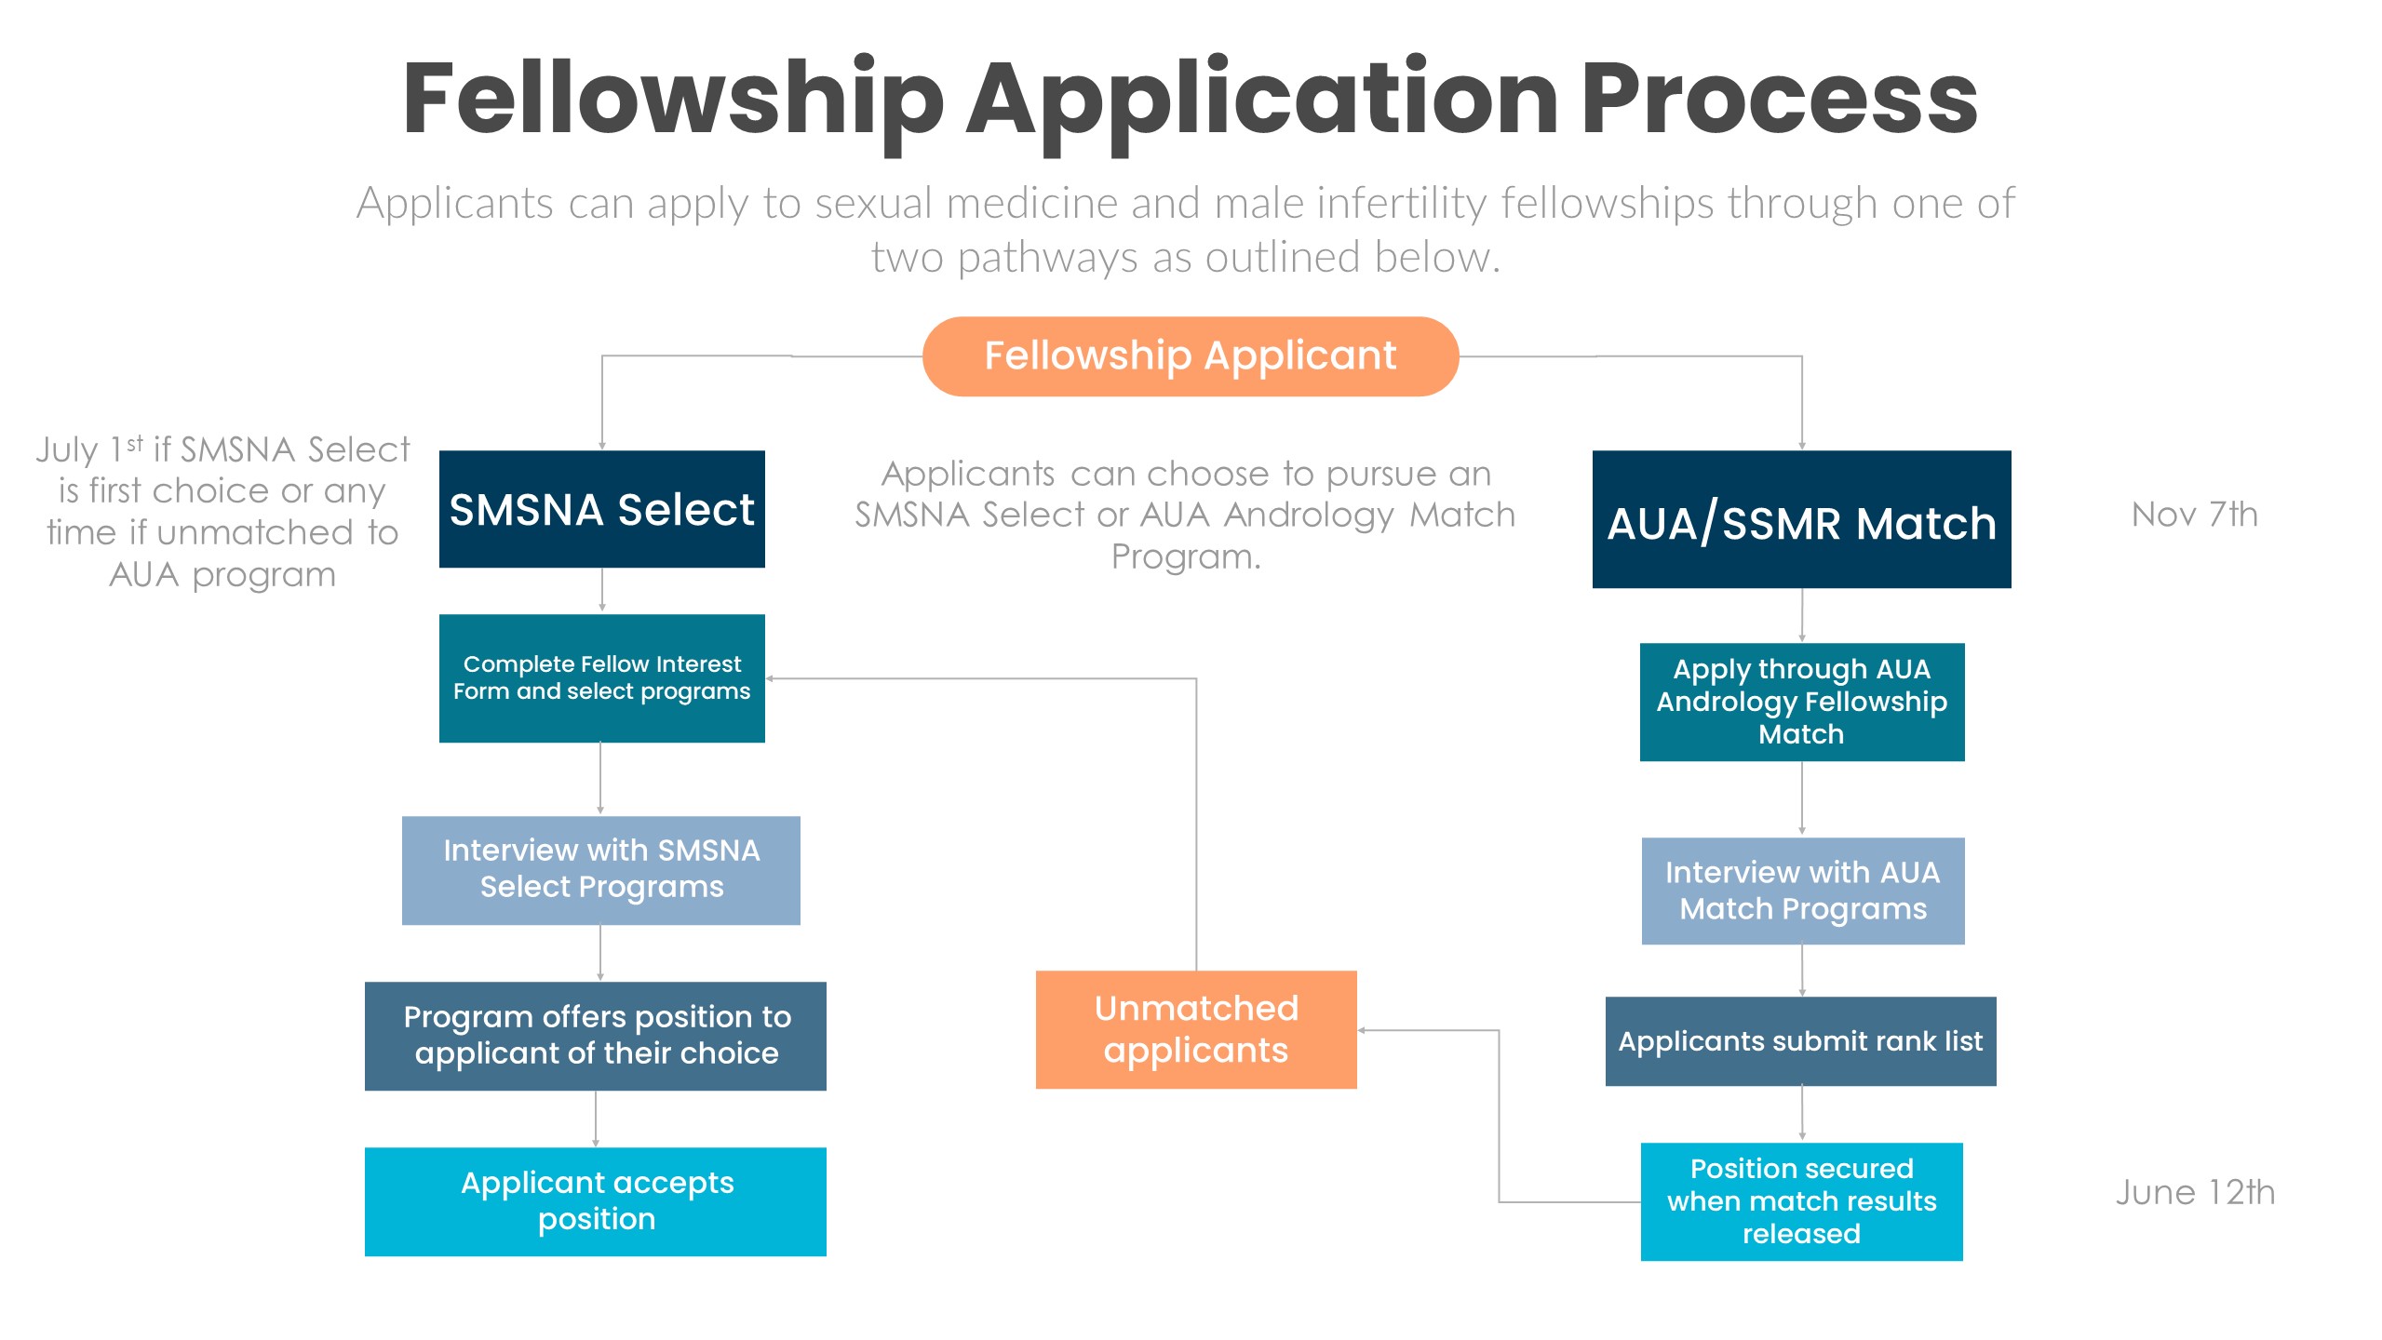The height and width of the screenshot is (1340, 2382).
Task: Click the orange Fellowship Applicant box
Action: pyautogui.click(x=1190, y=356)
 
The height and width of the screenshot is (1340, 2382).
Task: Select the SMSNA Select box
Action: pyautogui.click(x=601, y=509)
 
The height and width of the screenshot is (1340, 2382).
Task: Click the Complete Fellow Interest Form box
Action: pyautogui.click(x=601, y=677)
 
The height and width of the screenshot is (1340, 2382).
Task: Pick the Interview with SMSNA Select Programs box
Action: pyautogui.click(x=600, y=869)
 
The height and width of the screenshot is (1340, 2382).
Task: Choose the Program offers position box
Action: pyautogui.click(x=595, y=1035)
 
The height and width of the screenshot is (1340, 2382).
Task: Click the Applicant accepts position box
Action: pyautogui.click(x=595, y=1200)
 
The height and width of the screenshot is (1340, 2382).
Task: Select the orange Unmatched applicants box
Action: pyautogui.click(x=1195, y=1029)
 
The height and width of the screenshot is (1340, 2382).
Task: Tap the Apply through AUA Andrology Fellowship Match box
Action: pyautogui.click(x=1801, y=702)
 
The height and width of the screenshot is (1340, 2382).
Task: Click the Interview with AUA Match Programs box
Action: pyautogui.click(x=1802, y=891)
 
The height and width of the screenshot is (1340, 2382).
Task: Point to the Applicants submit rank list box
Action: pyautogui.click(x=1799, y=1040)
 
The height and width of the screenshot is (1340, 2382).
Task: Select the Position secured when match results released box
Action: pyautogui.click(x=1800, y=1200)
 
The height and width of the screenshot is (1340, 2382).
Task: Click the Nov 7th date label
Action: pyautogui.click(x=2194, y=514)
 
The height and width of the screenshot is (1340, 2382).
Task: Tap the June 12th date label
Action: pyautogui.click(x=2194, y=1192)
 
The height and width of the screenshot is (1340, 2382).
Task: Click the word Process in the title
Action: pyautogui.click(x=1778, y=98)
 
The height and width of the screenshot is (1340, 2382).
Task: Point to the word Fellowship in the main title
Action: pyautogui.click(x=672, y=98)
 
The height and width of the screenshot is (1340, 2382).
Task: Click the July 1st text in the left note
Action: pyautogui.click(x=89, y=449)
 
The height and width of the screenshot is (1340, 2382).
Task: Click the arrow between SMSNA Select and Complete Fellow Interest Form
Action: pyautogui.click(x=601, y=591)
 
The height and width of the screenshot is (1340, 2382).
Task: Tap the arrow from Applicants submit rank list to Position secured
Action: pyautogui.click(x=1801, y=1113)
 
